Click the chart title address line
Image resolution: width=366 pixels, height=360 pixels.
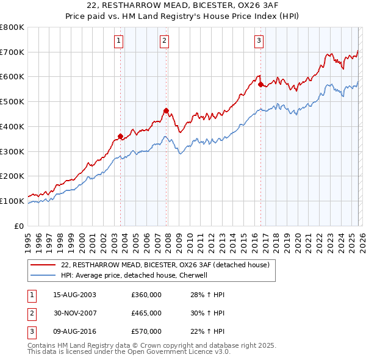click(182, 7)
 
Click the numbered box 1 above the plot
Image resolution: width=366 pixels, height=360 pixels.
click(118, 41)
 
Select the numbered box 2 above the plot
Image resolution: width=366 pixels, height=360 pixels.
click(165, 41)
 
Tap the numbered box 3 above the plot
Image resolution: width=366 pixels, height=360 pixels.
click(259, 41)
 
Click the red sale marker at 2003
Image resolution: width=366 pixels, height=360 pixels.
click(120, 136)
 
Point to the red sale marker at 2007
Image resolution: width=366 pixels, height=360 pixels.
click(167, 110)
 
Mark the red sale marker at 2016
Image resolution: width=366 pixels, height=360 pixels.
click(260, 85)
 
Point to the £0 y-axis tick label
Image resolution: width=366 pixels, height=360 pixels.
click(20, 226)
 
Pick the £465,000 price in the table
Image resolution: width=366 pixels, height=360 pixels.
click(146, 313)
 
